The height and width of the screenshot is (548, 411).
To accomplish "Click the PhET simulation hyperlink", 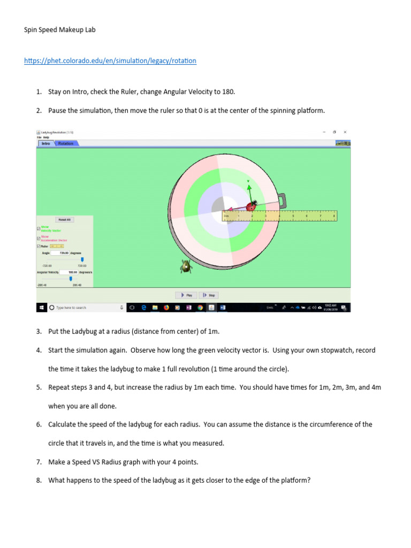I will (110, 61).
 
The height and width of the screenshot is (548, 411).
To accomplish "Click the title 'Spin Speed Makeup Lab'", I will (59, 30).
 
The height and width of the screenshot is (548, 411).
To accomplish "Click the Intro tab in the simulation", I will (46, 143).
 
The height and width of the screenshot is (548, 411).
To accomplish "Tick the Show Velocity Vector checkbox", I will (39, 227).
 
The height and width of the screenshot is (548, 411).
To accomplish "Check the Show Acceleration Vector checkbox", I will (39, 238).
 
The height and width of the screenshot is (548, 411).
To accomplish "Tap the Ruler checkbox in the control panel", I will (39, 246).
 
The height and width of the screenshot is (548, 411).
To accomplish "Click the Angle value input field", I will (64, 253).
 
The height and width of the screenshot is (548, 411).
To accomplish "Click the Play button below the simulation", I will (186, 295).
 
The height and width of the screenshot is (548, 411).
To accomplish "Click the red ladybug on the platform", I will (250, 205).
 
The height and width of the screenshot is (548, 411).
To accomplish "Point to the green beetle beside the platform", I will (185, 266).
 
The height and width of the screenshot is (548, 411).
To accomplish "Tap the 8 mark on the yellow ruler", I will (334, 215).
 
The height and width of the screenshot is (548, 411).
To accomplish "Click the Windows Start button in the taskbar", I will (41, 308).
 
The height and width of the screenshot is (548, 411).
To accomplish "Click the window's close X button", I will (345, 132).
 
